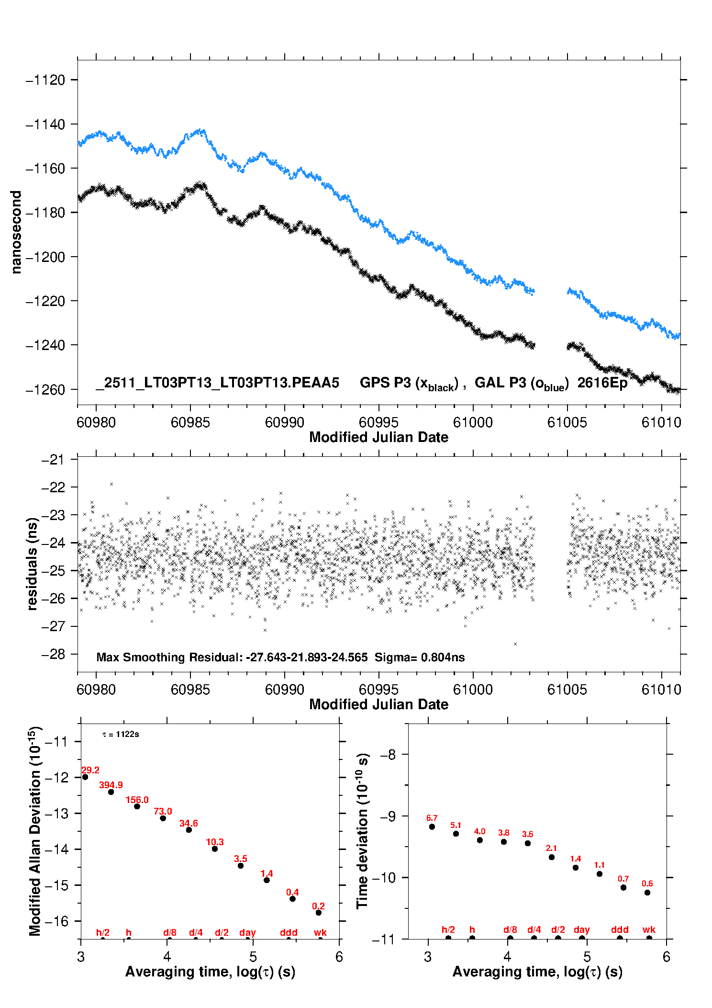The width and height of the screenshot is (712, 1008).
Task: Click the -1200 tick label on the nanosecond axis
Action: [45, 257]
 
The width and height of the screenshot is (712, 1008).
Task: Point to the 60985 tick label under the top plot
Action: [190, 422]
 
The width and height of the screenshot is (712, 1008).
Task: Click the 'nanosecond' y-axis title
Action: [16, 232]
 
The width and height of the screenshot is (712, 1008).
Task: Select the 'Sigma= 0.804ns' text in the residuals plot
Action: [419, 657]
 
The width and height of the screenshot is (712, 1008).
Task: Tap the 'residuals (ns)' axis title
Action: [32, 564]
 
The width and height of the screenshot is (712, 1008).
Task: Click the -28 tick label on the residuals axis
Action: [53, 654]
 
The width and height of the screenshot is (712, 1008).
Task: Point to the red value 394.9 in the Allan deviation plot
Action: [111, 785]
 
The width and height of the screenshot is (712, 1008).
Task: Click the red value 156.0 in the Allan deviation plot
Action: [137, 800]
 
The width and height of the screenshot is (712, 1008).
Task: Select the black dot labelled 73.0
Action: [163, 818]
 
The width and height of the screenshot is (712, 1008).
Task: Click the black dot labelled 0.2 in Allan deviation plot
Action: [318, 912]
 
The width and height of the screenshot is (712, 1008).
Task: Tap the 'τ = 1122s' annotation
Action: [121, 734]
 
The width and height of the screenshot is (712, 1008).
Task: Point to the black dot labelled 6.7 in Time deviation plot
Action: [432, 827]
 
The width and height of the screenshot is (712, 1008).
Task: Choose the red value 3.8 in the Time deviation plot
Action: [503, 833]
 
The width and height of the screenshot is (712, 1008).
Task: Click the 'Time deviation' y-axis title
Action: [362, 831]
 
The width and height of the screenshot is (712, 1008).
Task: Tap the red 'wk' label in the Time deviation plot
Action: [649, 929]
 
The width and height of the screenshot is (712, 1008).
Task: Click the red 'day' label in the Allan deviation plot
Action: [247, 932]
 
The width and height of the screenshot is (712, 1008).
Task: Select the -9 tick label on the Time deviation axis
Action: [388, 816]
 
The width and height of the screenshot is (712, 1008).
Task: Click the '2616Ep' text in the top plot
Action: [602, 383]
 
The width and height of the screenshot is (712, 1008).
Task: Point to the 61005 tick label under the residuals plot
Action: [567, 690]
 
